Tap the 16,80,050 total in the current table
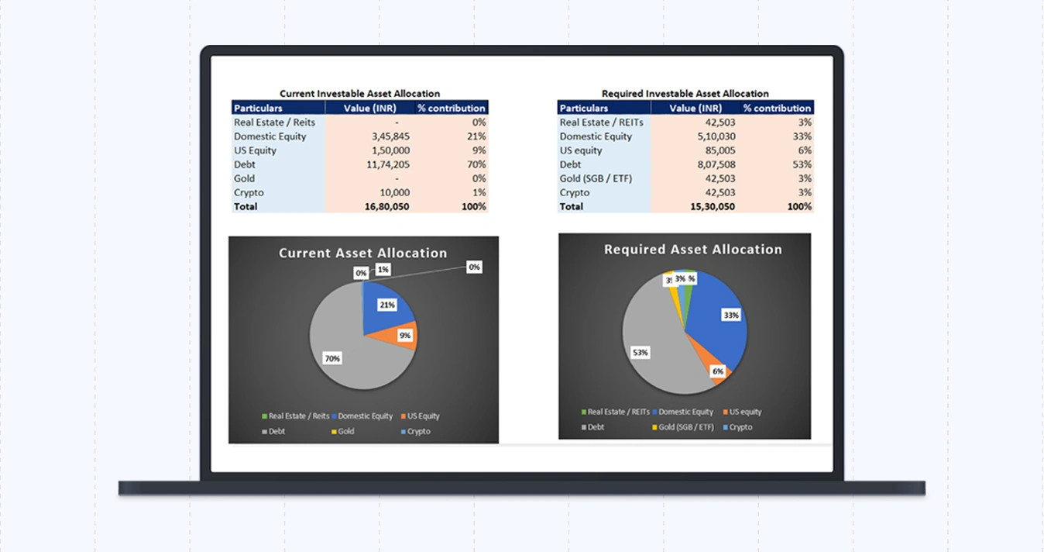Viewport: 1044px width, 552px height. pyautogui.click(x=389, y=207)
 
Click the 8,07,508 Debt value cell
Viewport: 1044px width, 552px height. pyautogui.click(x=716, y=164)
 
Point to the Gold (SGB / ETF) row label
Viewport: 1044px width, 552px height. pyautogui.click(x=596, y=178)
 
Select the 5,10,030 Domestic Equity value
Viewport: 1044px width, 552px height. pyautogui.click(x=716, y=136)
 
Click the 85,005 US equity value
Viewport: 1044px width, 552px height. pyautogui.click(x=720, y=150)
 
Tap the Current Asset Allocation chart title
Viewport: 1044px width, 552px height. pyautogui.click(x=362, y=253)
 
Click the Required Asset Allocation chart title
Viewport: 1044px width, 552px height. pyautogui.click(x=692, y=250)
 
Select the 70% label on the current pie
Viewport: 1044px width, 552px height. pyautogui.click(x=332, y=359)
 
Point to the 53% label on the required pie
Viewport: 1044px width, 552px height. pyautogui.click(x=640, y=353)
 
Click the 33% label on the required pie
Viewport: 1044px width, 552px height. pyautogui.click(x=731, y=316)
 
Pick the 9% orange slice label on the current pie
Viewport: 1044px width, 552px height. pyautogui.click(x=404, y=336)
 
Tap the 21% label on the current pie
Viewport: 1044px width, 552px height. pyautogui.click(x=387, y=305)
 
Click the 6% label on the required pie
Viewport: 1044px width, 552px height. pyautogui.click(x=718, y=371)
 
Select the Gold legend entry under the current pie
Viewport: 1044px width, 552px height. pyautogui.click(x=343, y=432)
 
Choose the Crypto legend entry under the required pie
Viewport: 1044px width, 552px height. pyautogui.click(x=737, y=427)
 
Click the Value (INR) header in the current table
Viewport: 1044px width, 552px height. pyautogui.click(x=370, y=109)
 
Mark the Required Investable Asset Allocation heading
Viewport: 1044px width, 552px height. pyautogui.click(x=685, y=94)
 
